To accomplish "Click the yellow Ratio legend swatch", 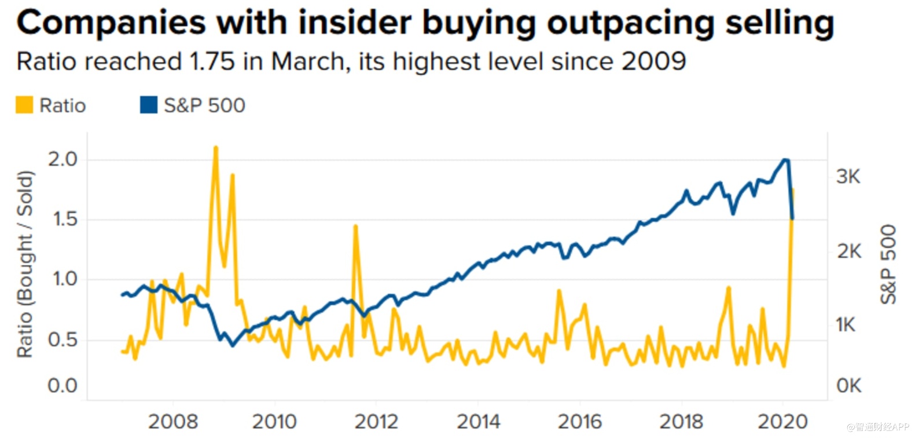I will click(24, 105).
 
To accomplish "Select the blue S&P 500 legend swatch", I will click(149, 105).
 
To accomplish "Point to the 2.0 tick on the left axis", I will click(63, 159).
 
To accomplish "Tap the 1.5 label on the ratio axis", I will click(63, 220).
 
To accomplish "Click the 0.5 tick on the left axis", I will click(63, 340).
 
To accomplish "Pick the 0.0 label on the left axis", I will click(63, 386).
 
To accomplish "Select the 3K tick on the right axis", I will click(848, 177).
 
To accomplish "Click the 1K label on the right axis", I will click(846, 325).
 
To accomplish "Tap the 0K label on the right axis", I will click(848, 386).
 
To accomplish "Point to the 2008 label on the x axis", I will click(172, 422).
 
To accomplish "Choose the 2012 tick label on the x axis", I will click(376, 422).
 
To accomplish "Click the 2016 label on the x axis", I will click(580, 422).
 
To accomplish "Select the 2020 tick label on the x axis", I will click(783, 422).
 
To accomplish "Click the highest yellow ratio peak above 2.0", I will click(216, 148).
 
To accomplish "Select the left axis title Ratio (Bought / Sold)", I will click(25, 264).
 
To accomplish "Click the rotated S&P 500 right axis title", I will click(888, 264).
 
